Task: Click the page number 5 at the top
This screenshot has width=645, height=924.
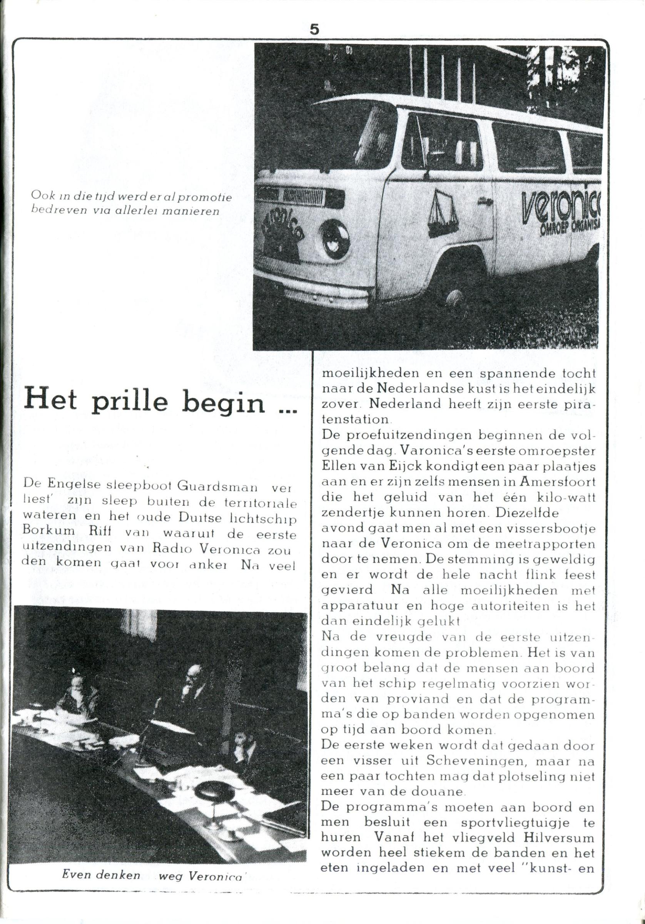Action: pyautogui.click(x=315, y=30)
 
